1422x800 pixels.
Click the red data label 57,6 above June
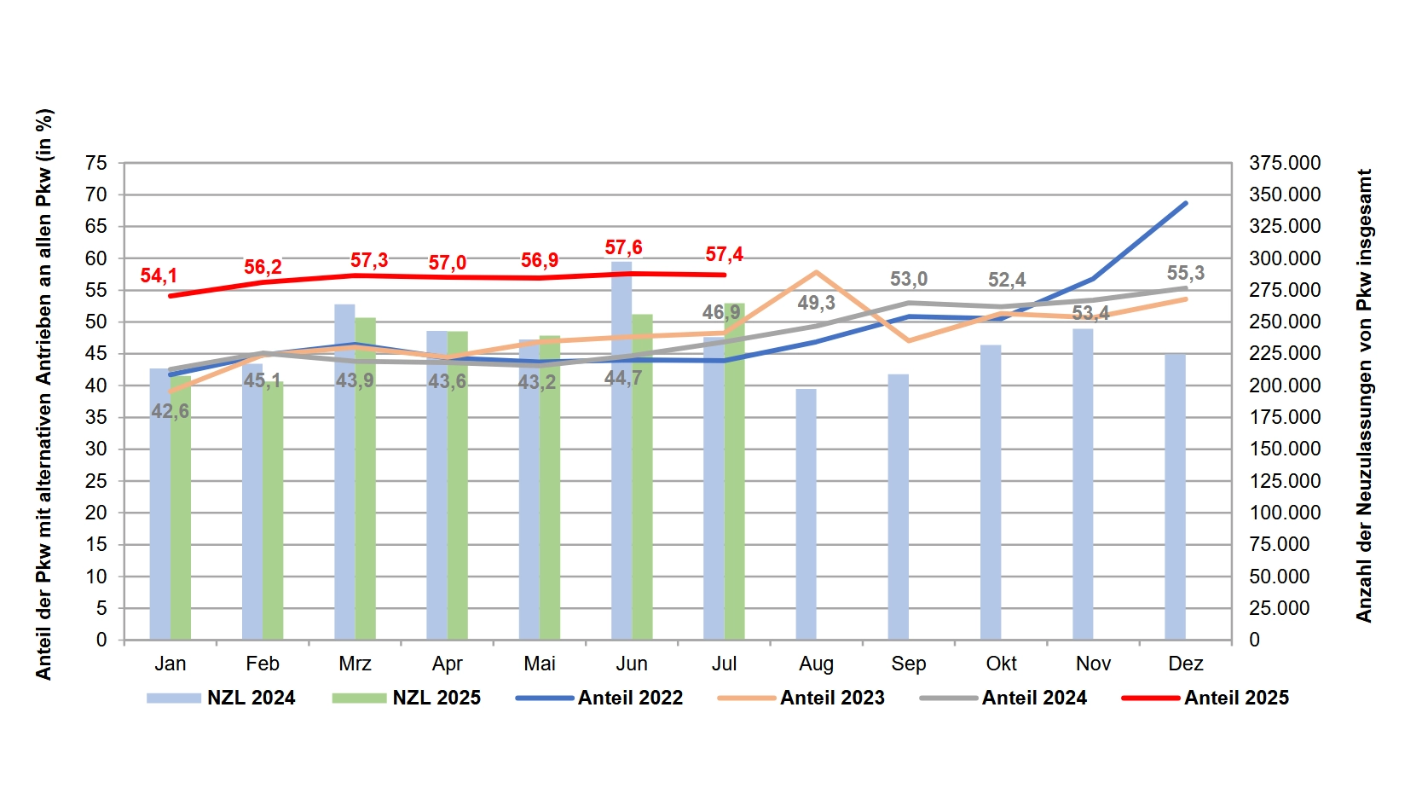pyautogui.click(x=623, y=247)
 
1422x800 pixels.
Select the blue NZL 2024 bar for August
pyautogui.click(x=806, y=514)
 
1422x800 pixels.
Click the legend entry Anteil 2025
pyautogui.click(x=1235, y=698)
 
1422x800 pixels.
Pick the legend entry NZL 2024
pyautogui.click(x=250, y=698)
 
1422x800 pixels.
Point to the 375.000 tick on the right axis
pyautogui.click(x=1284, y=163)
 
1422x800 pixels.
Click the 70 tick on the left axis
pyautogui.click(x=96, y=194)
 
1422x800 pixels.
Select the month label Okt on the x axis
pyautogui.click(x=1001, y=664)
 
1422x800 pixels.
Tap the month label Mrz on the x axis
pyautogui.click(x=355, y=664)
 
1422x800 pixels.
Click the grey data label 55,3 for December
pyautogui.click(x=1185, y=273)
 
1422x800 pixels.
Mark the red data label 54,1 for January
pyautogui.click(x=159, y=275)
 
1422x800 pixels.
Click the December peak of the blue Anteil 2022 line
pyautogui.click(x=1185, y=203)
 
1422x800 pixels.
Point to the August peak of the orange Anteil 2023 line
pyautogui.click(x=816, y=272)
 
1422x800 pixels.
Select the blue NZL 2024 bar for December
pyautogui.click(x=1175, y=496)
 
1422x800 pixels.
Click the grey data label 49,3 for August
pyautogui.click(x=816, y=303)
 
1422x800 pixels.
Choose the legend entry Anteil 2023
pyautogui.click(x=832, y=698)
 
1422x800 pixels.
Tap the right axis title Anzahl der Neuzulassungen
pyautogui.click(x=1364, y=395)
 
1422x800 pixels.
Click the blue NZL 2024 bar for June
pyautogui.click(x=621, y=452)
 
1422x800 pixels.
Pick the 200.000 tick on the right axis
pyautogui.click(x=1284, y=386)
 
